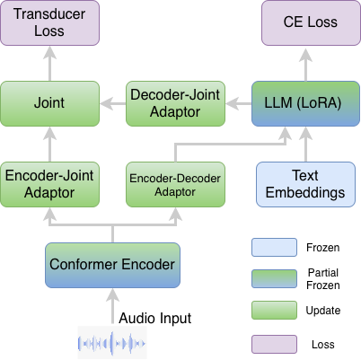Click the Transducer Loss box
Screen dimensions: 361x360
click(x=49, y=23)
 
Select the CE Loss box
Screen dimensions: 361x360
click(x=311, y=23)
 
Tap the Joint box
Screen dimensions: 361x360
click(x=49, y=103)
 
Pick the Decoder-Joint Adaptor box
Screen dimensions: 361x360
click(x=175, y=103)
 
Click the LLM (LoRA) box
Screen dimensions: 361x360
click(x=305, y=103)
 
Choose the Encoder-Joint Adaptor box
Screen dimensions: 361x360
click(x=49, y=184)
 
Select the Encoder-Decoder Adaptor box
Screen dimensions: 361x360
click(x=175, y=184)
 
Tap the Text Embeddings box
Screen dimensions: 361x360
click(x=305, y=184)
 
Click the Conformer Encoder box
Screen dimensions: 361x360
click(x=112, y=265)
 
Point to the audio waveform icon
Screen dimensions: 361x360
click(x=112, y=343)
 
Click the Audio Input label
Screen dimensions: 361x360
click(x=155, y=319)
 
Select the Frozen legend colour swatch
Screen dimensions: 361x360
click(x=274, y=248)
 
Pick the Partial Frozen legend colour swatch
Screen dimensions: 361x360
click(x=274, y=279)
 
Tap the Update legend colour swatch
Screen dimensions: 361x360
click(x=274, y=311)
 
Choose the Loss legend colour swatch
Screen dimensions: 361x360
click(x=274, y=344)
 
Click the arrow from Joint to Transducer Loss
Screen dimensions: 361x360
click(x=49, y=64)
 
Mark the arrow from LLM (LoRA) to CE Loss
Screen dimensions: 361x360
click(x=305, y=65)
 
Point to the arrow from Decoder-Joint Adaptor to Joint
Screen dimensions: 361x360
click(x=113, y=104)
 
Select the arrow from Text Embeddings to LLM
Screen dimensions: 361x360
click(x=305, y=145)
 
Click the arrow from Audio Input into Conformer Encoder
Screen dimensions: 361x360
click(x=112, y=306)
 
